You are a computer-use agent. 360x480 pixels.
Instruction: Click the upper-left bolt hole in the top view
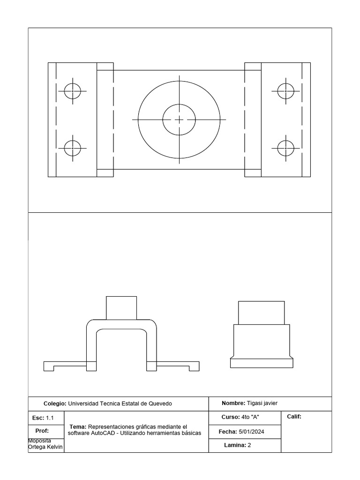(x=73, y=90)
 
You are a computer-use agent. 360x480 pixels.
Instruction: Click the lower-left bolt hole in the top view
(x=73, y=148)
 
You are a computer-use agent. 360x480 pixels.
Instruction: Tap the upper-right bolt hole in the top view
(x=285, y=90)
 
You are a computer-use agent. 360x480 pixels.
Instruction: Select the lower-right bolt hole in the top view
(x=285, y=148)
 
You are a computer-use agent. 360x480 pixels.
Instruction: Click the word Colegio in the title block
(x=54, y=404)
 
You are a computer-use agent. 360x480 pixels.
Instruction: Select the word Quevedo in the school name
(x=160, y=404)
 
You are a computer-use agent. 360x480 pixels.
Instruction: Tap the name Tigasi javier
(x=262, y=403)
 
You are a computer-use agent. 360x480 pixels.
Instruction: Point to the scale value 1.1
(x=50, y=418)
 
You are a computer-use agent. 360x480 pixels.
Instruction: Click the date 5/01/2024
(x=251, y=431)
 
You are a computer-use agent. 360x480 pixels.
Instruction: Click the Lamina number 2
(x=249, y=445)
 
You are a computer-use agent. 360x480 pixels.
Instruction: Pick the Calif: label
(x=293, y=416)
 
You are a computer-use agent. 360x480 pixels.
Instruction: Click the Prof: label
(x=42, y=431)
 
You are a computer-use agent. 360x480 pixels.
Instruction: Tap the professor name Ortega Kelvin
(x=46, y=447)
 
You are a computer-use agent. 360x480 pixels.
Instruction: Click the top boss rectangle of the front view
(x=121, y=307)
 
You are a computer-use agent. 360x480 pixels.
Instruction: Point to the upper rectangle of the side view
(x=261, y=313)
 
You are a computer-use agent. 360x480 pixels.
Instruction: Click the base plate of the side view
(x=261, y=363)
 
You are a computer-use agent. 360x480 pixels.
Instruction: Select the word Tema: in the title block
(x=78, y=427)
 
